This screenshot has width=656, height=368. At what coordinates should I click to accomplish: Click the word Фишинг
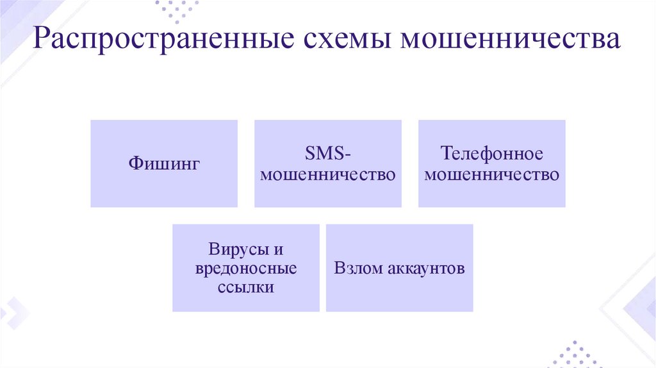pyautogui.click(x=164, y=164)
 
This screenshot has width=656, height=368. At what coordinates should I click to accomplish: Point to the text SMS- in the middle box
pyautogui.click(x=327, y=155)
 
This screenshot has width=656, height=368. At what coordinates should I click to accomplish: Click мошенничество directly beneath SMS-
pyautogui.click(x=328, y=174)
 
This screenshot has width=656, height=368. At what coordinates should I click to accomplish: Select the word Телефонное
pyautogui.click(x=492, y=155)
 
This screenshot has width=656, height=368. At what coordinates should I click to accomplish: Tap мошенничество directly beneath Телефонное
pyautogui.click(x=492, y=174)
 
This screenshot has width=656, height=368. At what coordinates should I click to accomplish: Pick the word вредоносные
pyautogui.click(x=246, y=268)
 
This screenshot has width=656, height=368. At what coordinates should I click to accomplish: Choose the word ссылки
pyautogui.click(x=246, y=287)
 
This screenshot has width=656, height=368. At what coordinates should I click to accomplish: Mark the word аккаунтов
pyautogui.click(x=425, y=268)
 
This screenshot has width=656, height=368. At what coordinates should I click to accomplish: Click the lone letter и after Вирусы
pyautogui.click(x=278, y=249)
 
